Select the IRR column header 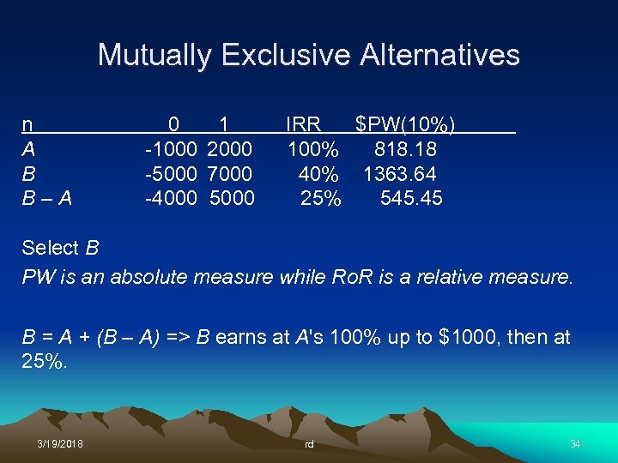303,125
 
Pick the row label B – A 46,198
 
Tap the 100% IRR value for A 312,150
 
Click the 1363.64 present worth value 399,174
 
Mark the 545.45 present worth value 411,198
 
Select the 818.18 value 405,150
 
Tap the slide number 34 575,442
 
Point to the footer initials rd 309,443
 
